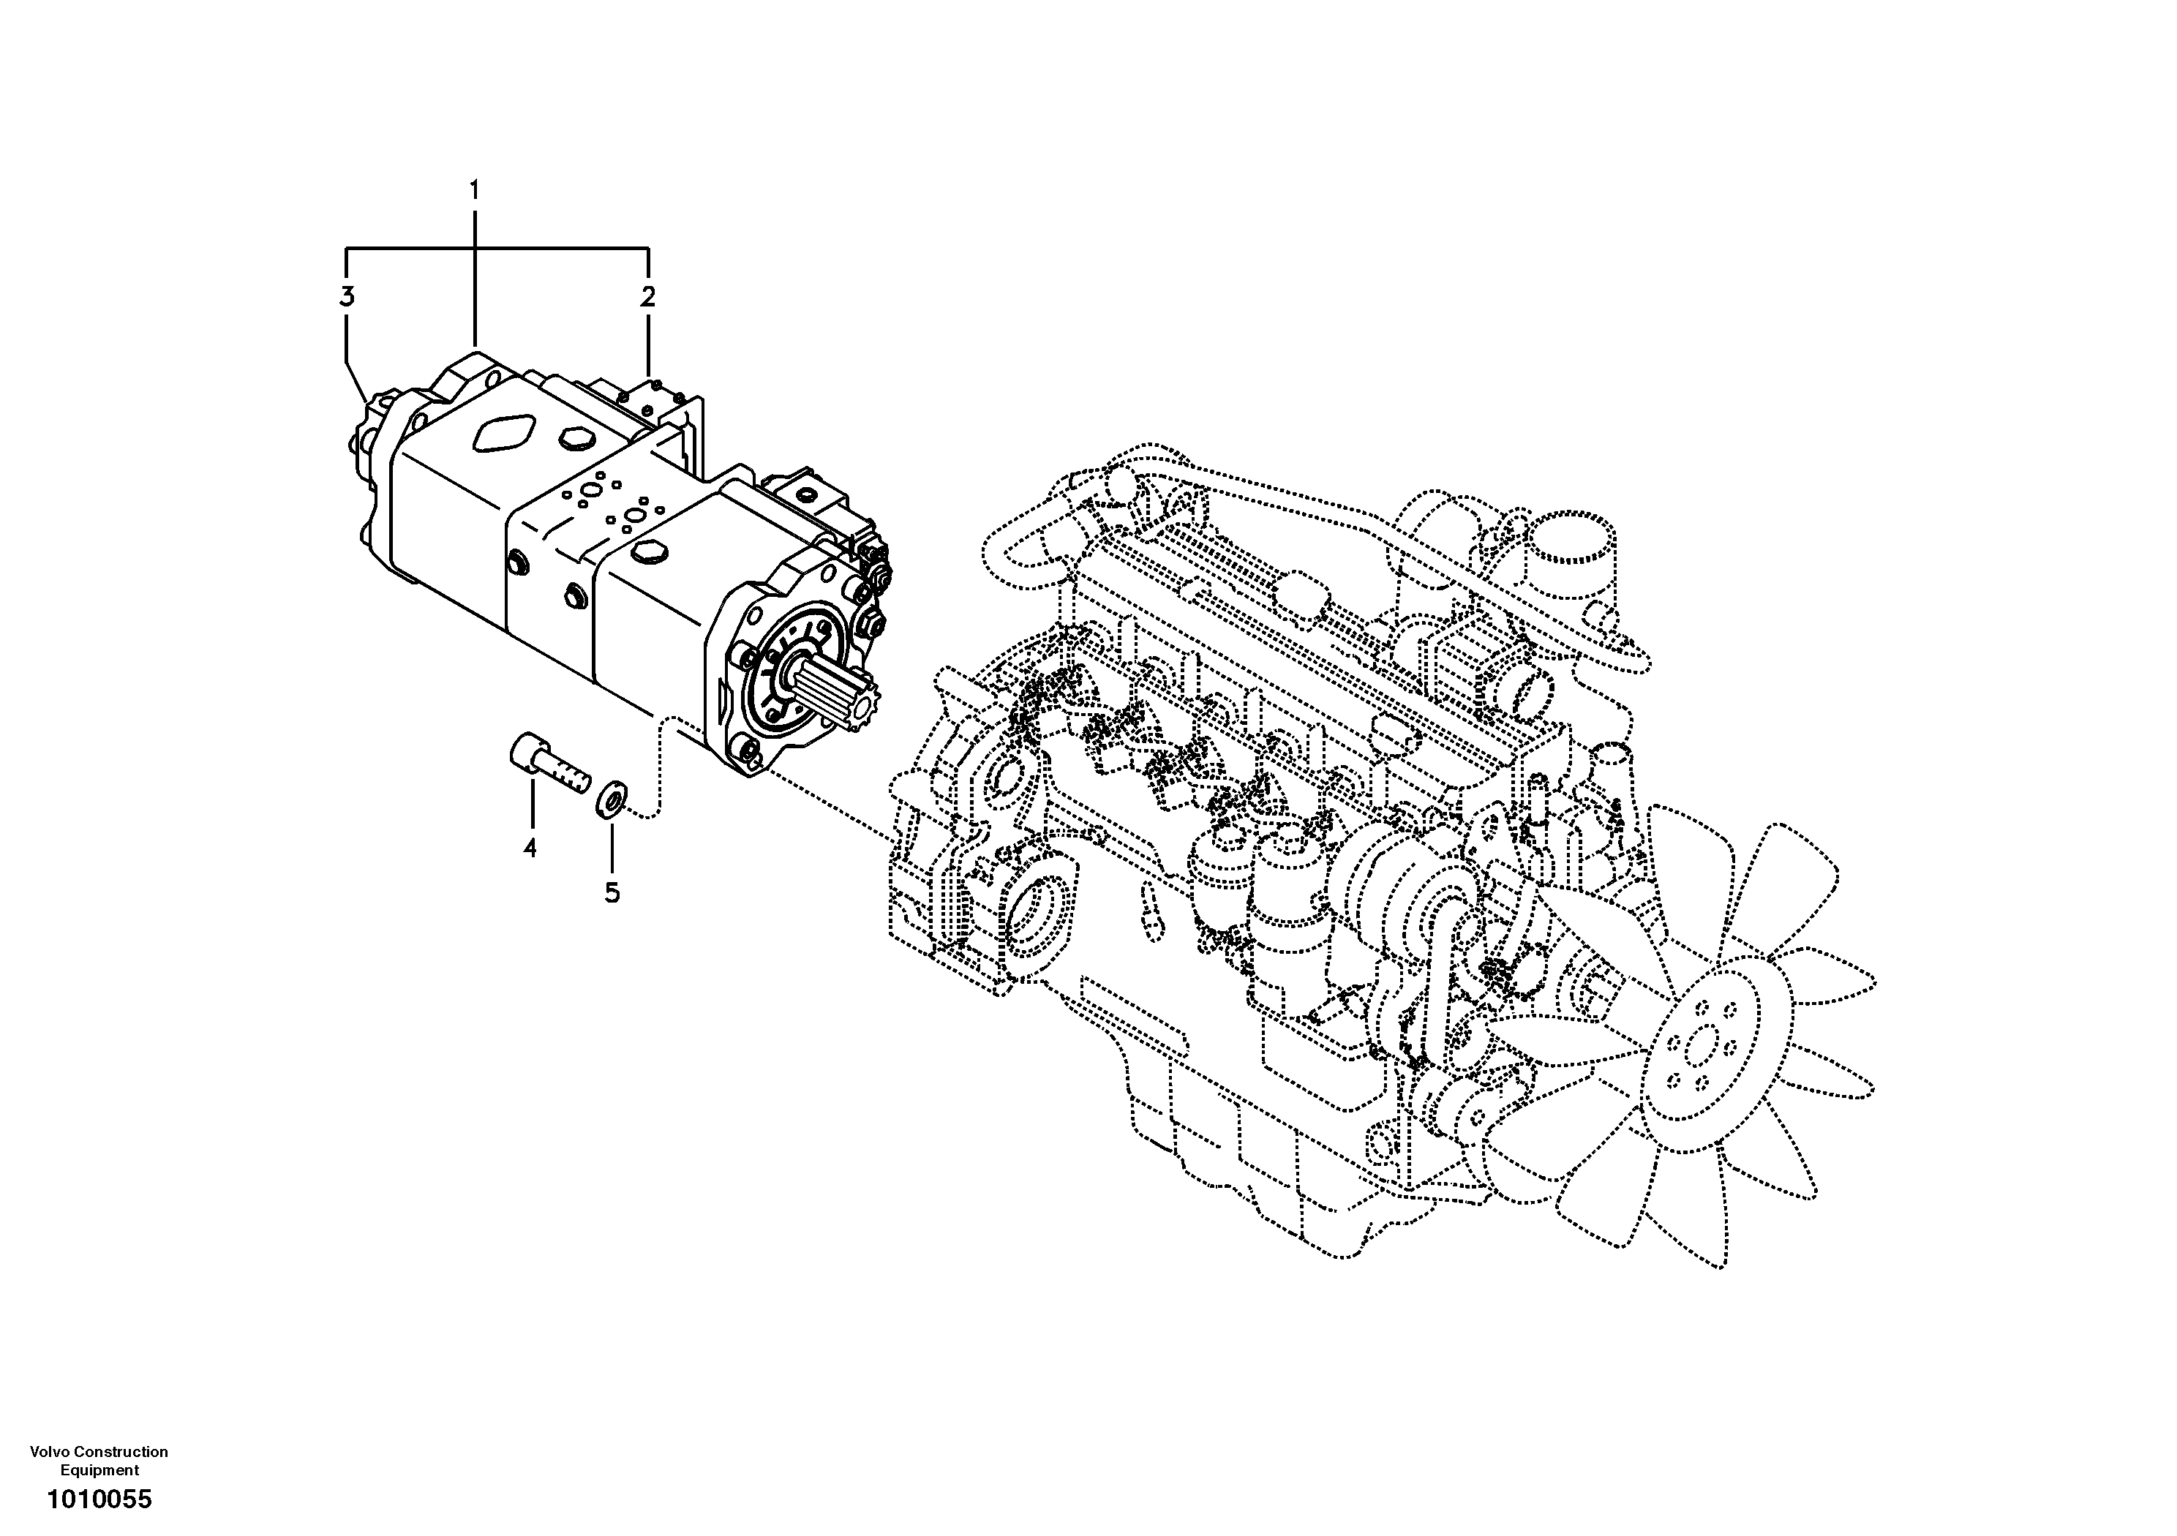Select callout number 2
point(647,297)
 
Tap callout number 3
point(347,297)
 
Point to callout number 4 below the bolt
point(530,847)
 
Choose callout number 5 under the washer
point(612,892)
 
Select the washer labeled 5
point(609,798)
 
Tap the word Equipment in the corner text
point(99,1469)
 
